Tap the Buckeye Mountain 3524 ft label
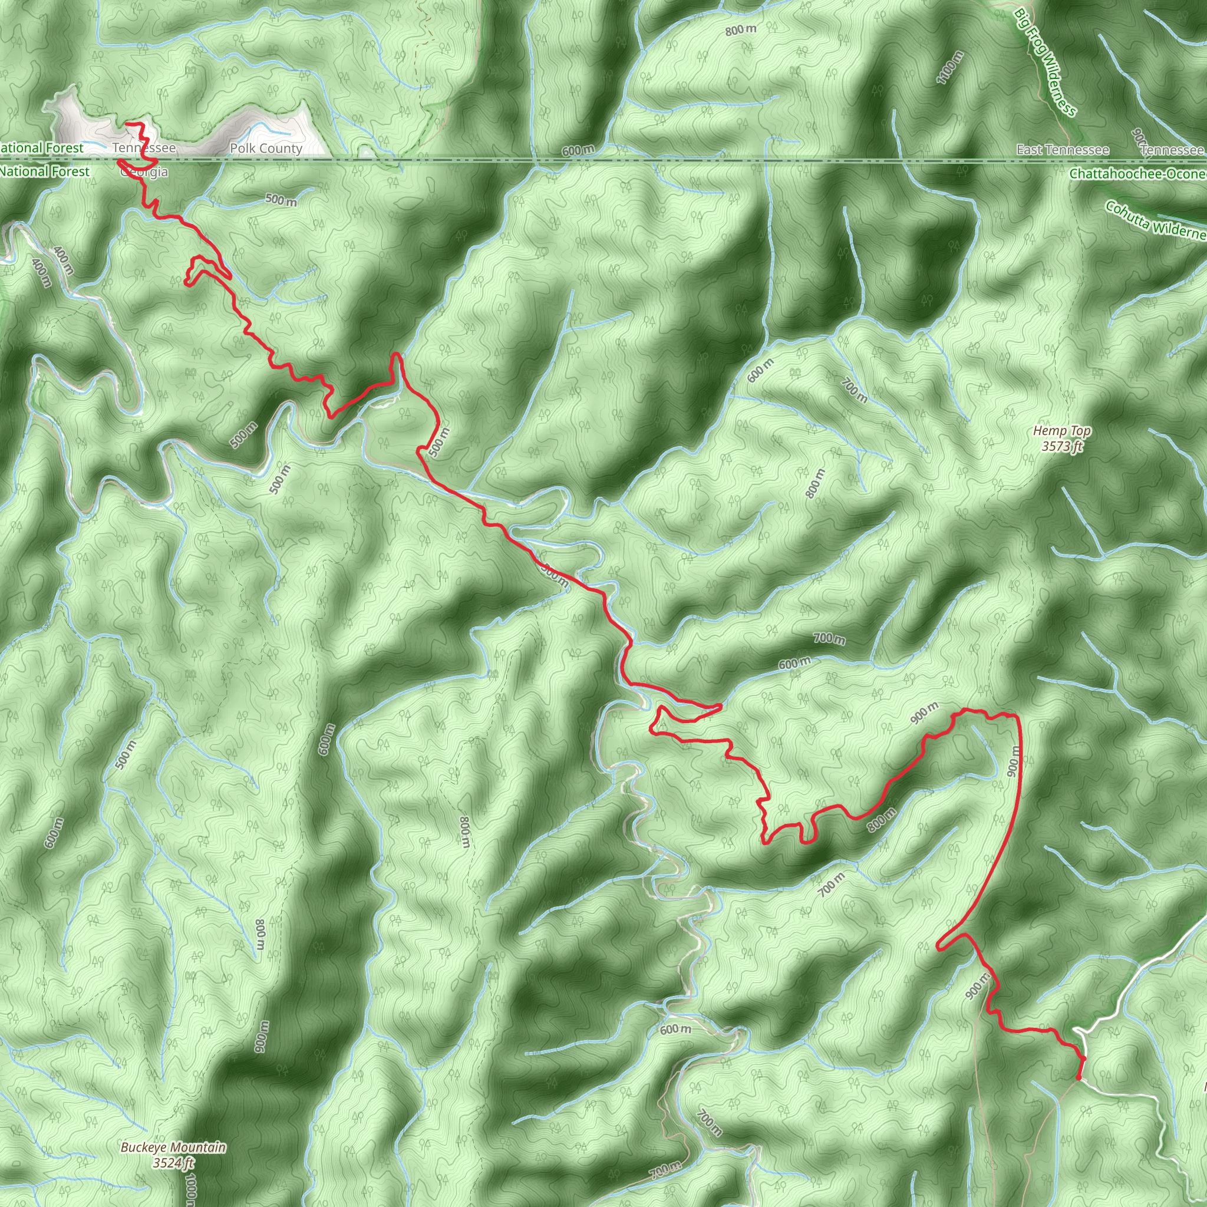click(173, 1155)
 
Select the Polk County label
click(266, 148)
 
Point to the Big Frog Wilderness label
click(1045, 62)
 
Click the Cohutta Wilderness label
click(1155, 220)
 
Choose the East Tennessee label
click(1062, 150)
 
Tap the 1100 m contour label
click(949, 67)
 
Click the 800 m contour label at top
click(740, 29)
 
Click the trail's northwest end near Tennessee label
click(127, 124)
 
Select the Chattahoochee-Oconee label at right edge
click(1137, 174)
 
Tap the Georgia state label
click(145, 172)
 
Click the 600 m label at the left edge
click(54, 832)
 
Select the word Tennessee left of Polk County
click(144, 148)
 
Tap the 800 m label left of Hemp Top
click(814, 483)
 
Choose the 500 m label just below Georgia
click(281, 200)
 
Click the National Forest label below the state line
click(45, 171)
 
